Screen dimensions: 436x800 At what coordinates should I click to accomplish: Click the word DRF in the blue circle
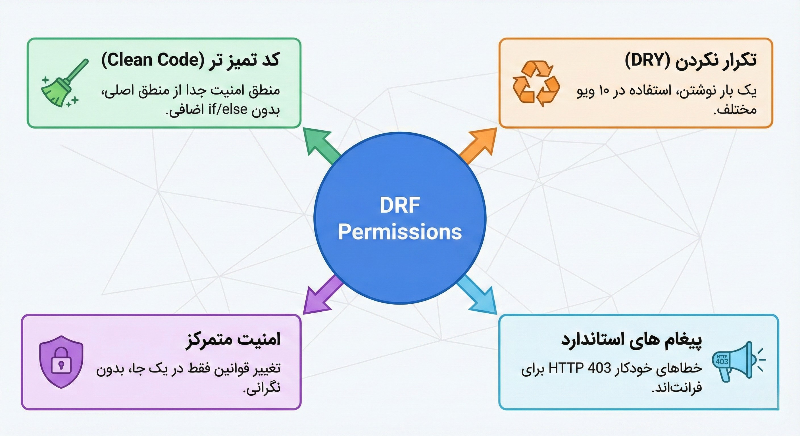tap(400, 205)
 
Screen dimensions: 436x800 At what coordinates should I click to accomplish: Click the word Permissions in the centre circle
tap(400, 232)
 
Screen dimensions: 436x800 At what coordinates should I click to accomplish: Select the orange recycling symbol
tap(536, 83)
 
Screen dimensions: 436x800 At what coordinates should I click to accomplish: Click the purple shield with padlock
tap(61, 362)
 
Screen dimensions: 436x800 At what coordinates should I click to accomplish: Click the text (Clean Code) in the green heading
tap(153, 60)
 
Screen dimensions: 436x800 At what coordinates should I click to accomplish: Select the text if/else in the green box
tap(228, 110)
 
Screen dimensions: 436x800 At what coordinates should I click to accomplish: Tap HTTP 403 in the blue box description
tap(580, 368)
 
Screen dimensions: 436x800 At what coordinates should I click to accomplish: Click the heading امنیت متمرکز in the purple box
tap(233, 339)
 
